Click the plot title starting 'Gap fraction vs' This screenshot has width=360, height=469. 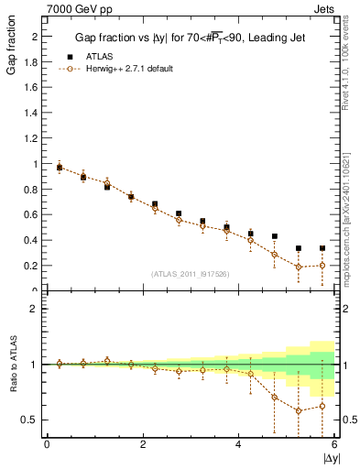(x=190, y=38)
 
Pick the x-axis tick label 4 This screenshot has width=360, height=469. (x=238, y=444)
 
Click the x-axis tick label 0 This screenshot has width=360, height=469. (x=47, y=444)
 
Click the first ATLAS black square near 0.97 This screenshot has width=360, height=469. (x=60, y=168)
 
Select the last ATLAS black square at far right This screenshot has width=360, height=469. (x=322, y=248)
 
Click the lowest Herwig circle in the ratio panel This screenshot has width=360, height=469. (x=299, y=410)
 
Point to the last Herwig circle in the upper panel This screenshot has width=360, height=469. (x=322, y=266)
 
